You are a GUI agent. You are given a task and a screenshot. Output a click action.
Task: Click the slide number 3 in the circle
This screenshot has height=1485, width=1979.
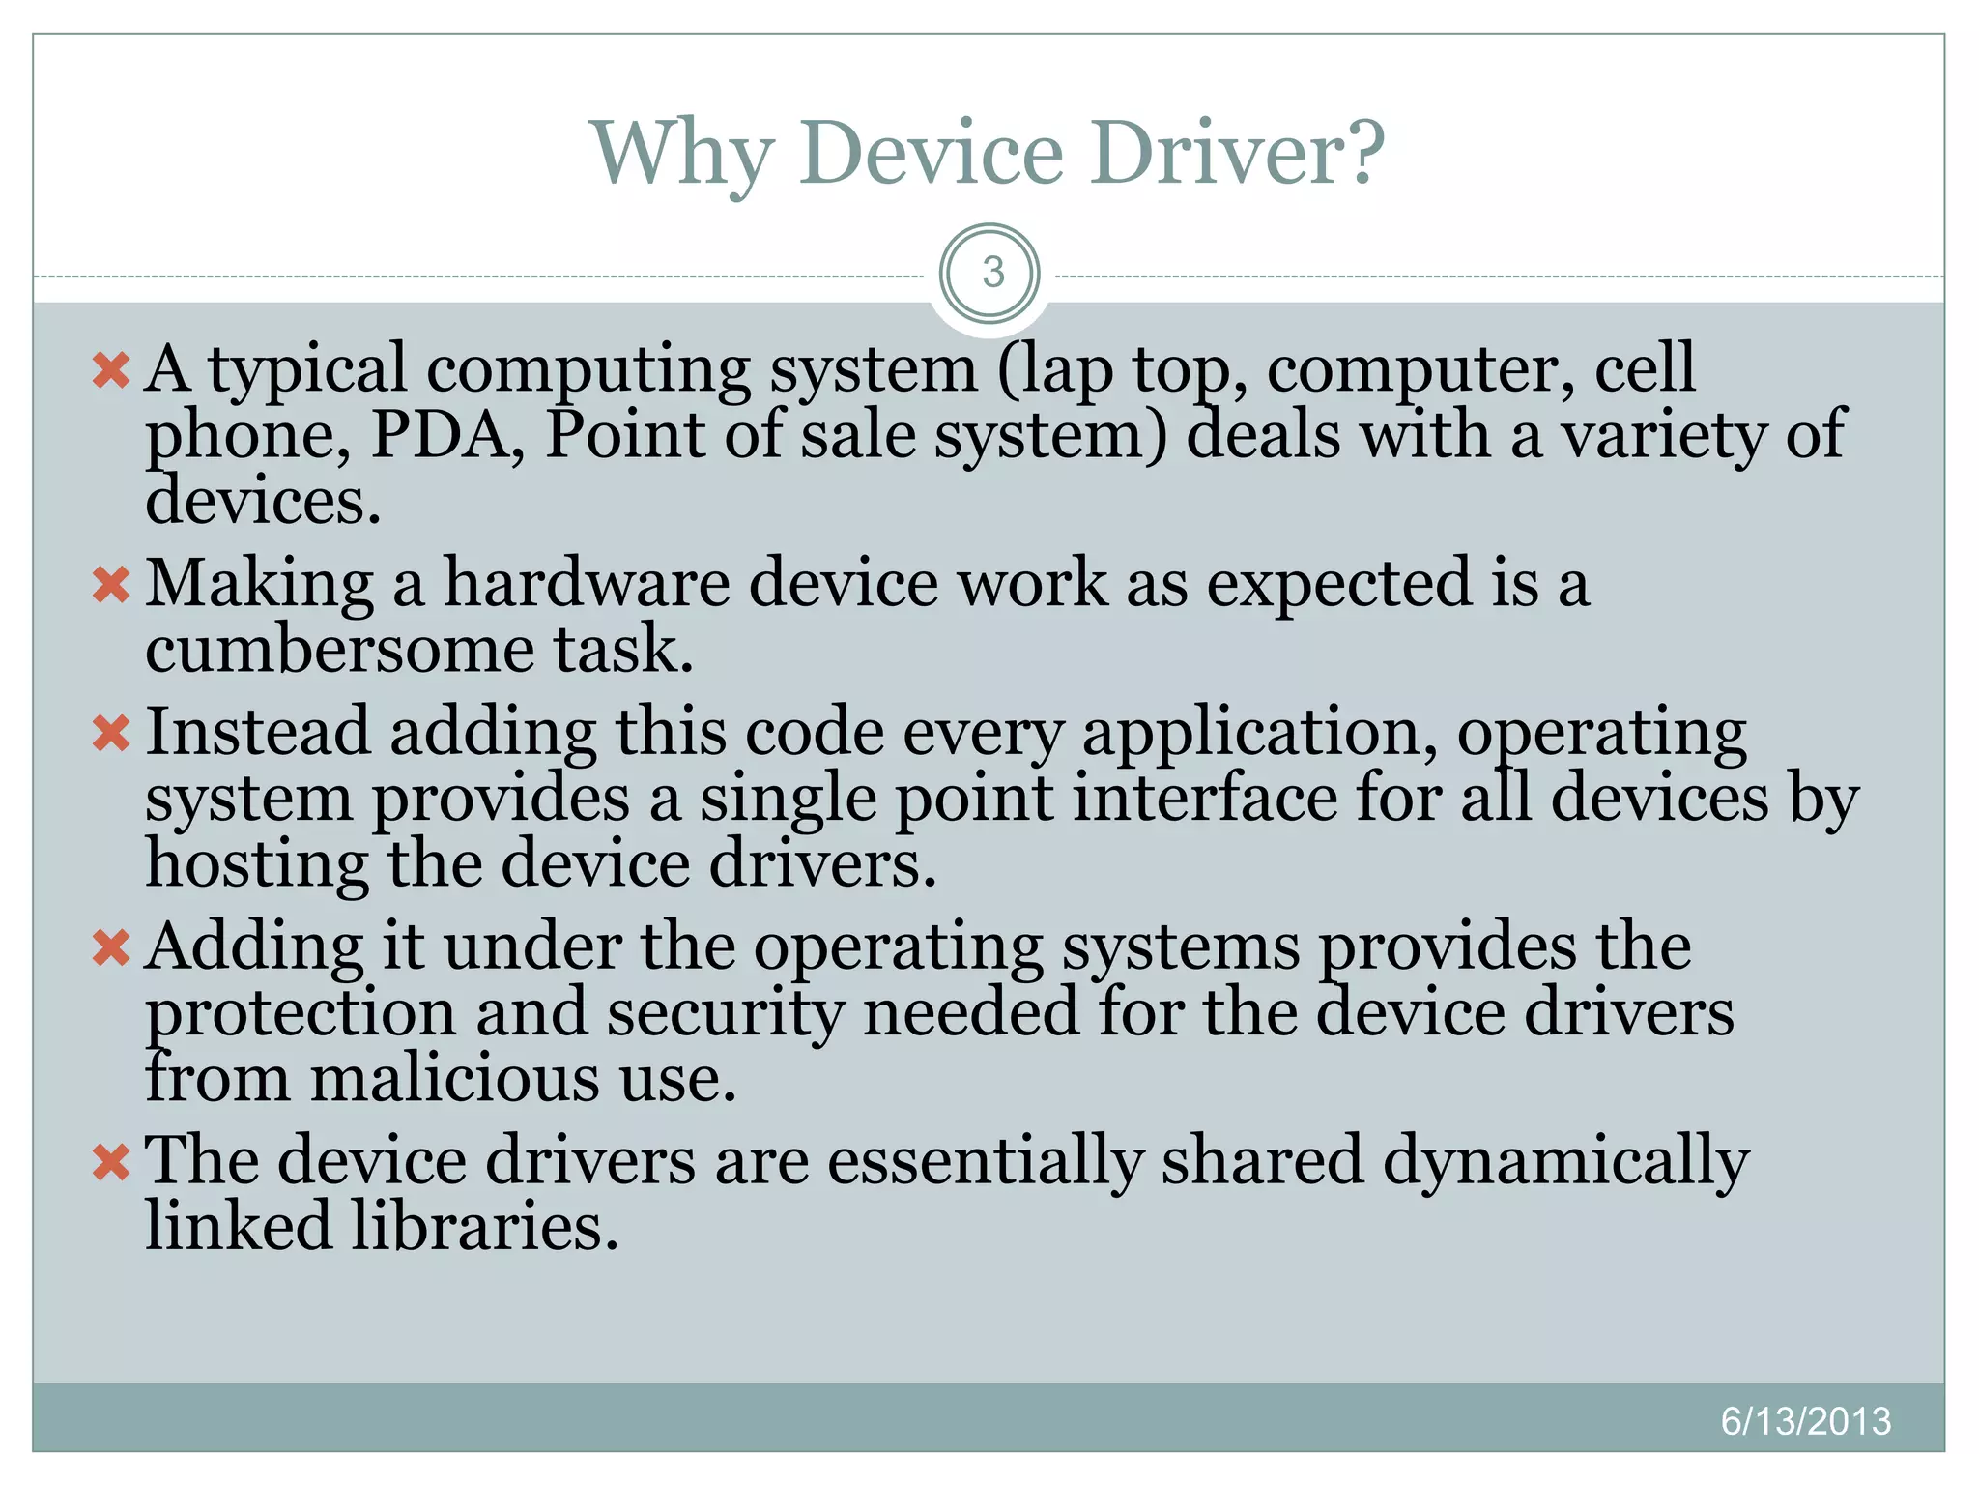click(x=992, y=273)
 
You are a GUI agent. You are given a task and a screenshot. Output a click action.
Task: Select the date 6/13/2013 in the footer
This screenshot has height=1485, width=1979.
click(x=1805, y=1421)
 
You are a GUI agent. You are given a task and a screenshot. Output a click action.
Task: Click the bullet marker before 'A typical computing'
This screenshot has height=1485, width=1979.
click(x=111, y=370)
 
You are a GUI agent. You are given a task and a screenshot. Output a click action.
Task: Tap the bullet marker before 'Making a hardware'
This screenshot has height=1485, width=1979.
click(x=111, y=585)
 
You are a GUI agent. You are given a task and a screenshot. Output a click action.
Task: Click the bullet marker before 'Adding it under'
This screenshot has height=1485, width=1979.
click(x=111, y=947)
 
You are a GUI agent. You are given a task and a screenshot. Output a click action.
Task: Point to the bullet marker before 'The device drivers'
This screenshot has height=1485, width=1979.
click(x=111, y=1162)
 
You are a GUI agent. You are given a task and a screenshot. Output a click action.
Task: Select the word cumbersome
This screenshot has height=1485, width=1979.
click(x=339, y=649)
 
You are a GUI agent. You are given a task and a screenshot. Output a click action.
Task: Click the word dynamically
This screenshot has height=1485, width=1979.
click(x=1565, y=1162)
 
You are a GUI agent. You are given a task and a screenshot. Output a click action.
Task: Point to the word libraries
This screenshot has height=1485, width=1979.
click(x=483, y=1226)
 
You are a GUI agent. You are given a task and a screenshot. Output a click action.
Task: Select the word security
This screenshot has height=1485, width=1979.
click(x=725, y=1014)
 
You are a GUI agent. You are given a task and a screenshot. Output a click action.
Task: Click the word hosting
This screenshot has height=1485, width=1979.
click(x=257, y=864)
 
